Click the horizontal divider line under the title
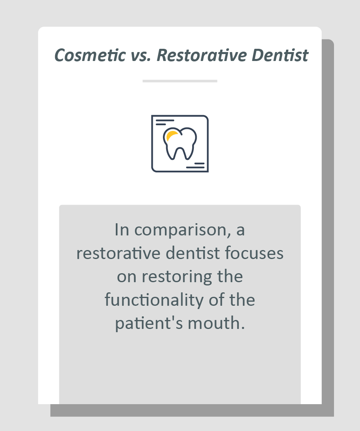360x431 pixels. (x=180, y=81)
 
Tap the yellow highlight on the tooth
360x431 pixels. (x=171, y=135)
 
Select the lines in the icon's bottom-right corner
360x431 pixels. (x=195, y=165)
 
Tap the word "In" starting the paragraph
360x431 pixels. (x=122, y=230)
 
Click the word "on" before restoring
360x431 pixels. (x=127, y=277)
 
